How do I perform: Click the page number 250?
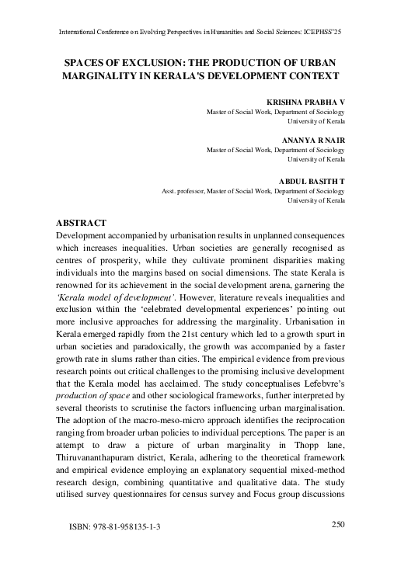click(337, 524)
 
